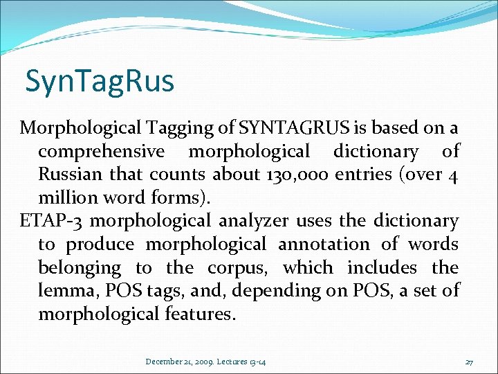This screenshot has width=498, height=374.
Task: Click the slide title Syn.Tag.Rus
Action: tap(100, 81)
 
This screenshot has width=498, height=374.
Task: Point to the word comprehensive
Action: tap(101, 152)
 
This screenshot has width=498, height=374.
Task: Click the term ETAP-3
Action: tap(53, 221)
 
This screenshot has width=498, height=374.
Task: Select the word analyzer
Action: tap(254, 222)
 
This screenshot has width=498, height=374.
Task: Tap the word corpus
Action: tap(235, 268)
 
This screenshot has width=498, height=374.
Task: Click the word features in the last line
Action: tap(200, 314)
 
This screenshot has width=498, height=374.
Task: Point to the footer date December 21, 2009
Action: tap(178, 362)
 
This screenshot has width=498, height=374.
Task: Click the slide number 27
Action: tap(469, 362)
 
